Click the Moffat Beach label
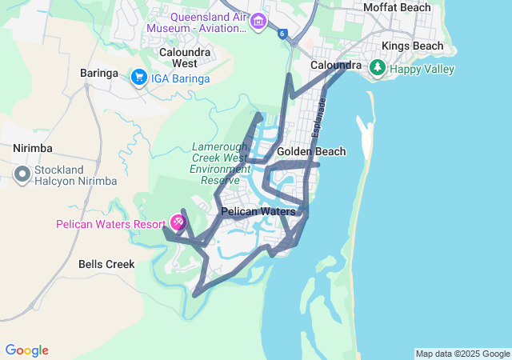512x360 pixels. point(398,7)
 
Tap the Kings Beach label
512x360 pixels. point(412,46)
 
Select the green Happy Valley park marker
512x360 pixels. point(377,70)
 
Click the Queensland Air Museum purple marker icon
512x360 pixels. point(258,21)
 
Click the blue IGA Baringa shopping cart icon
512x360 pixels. point(139,78)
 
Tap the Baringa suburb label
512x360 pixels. point(99,74)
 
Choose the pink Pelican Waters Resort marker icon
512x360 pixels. point(178,222)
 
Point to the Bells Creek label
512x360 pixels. point(106,263)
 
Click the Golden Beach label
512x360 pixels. point(311,152)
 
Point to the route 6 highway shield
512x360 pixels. point(282,34)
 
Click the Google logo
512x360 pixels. point(26,350)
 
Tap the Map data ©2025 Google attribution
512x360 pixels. point(462,354)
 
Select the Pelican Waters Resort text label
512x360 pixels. point(110,224)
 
